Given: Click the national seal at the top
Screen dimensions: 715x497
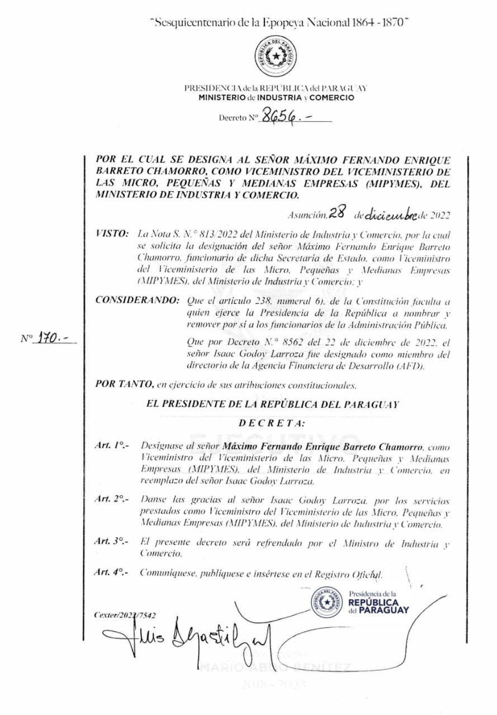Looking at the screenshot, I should [276, 56].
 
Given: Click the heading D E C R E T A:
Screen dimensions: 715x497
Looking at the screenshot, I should [272, 423].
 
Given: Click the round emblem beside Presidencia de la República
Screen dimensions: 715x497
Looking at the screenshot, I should [327, 603].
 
